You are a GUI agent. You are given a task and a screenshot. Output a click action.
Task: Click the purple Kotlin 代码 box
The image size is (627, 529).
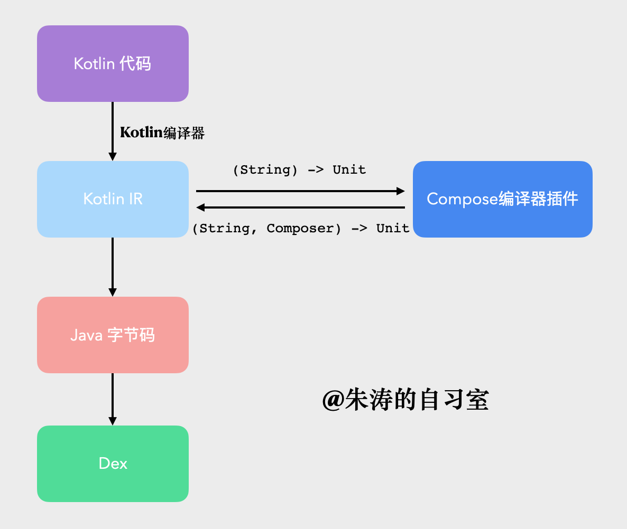coord(113,64)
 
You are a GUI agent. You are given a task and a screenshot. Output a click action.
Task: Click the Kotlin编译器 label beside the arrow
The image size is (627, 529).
coord(162,133)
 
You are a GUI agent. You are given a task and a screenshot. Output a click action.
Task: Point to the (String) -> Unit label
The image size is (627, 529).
coord(299,170)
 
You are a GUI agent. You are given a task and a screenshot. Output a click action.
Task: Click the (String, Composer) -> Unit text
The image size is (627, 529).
coord(301,229)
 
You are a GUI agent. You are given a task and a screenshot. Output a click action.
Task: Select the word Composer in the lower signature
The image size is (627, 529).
coord(300,229)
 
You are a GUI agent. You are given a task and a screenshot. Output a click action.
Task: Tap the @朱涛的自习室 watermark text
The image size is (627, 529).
coord(405,400)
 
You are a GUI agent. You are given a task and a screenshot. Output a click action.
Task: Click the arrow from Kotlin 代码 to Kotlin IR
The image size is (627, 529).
coord(112,131)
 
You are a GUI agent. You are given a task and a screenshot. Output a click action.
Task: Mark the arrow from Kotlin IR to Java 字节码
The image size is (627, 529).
coord(112,267)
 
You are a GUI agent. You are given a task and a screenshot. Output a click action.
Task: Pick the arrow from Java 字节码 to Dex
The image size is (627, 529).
coord(112,399)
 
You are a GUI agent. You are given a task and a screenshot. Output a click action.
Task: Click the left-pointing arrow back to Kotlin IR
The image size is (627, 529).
coord(300,207)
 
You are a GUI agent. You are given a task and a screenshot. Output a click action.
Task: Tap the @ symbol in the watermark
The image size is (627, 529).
coord(333,401)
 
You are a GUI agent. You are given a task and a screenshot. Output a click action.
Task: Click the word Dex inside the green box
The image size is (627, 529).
coord(113,464)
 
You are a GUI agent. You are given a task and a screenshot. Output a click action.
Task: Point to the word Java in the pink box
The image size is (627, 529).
coord(86,335)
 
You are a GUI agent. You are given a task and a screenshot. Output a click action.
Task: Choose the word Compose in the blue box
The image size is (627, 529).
coord(462,199)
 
